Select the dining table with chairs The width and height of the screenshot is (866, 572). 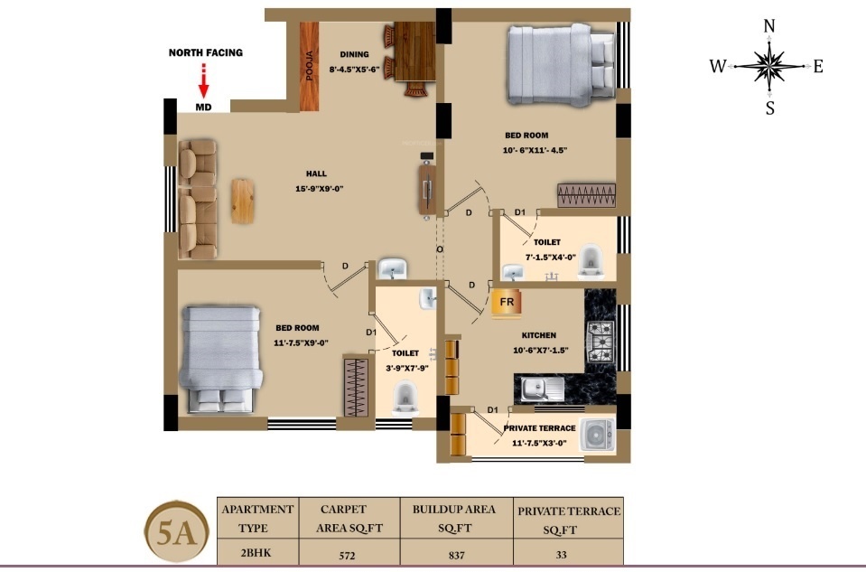[409, 60]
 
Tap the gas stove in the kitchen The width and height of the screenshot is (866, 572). [600, 341]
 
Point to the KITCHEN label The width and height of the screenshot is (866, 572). [539, 335]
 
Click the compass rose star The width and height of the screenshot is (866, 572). [769, 66]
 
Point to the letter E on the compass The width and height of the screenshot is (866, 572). [818, 66]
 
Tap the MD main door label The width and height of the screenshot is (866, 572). [204, 107]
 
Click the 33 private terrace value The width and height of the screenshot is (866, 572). [562, 554]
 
